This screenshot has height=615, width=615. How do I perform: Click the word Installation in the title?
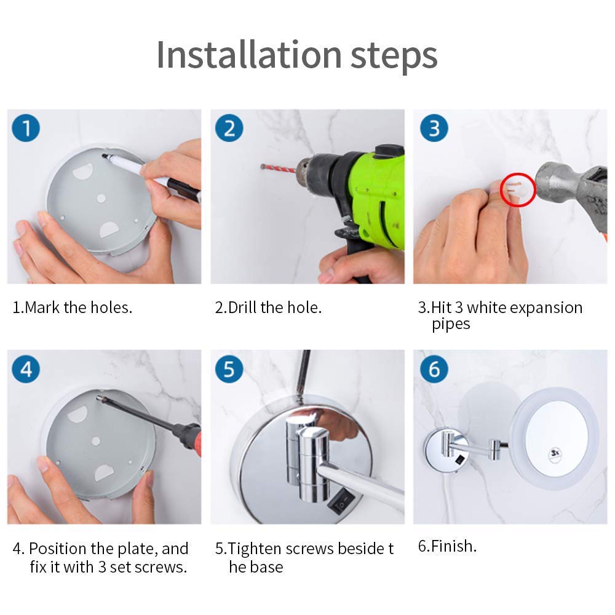coord(249,55)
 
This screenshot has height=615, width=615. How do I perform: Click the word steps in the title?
coord(394,57)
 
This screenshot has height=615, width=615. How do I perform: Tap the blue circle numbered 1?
coord(26,128)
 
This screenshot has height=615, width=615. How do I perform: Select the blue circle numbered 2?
coord(229,128)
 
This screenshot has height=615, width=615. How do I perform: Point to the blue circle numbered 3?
coord(434,128)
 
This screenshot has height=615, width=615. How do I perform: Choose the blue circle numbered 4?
coord(26,368)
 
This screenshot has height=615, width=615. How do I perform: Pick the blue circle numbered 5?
coord(229,368)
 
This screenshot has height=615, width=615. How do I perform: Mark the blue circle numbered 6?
coord(434,368)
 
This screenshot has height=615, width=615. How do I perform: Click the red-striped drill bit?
coord(279,169)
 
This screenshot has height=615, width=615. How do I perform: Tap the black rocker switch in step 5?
coord(341,502)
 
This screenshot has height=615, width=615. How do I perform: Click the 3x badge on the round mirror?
coord(555,453)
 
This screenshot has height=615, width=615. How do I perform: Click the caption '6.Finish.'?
coord(447,546)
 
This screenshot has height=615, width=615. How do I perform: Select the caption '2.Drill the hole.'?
coord(268,307)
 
